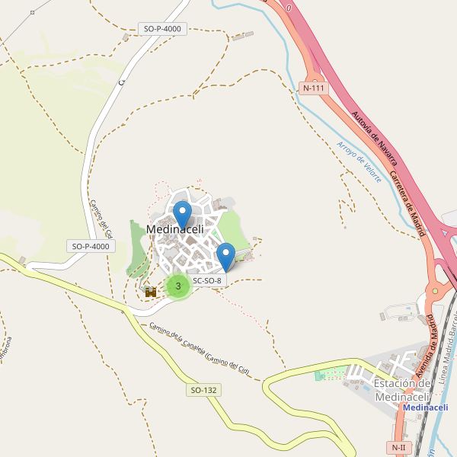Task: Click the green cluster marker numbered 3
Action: point(178,286)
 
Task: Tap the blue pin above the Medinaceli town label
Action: point(182,213)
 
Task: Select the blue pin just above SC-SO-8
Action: point(225,254)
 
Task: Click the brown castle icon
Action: point(151,291)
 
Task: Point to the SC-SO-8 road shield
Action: point(207,280)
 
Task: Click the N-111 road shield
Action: point(314,88)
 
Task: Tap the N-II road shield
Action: point(398,447)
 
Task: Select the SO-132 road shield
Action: point(203,390)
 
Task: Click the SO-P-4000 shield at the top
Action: point(162,29)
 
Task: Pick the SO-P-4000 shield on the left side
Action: point(91,246)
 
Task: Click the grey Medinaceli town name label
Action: point(174,229)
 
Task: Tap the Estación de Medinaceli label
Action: point(403,389)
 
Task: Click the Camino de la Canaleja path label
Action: point(200,349)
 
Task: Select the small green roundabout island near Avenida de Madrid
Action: point(435,290)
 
